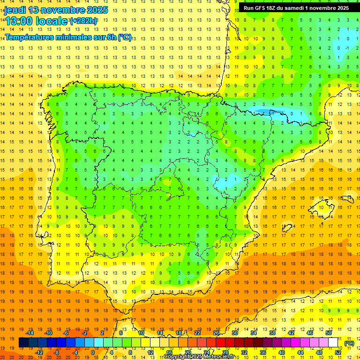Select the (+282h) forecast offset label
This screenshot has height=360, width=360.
pyautogui.click(x=83, y=21)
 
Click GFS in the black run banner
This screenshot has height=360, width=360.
pyautogui.click(x=263, y=8)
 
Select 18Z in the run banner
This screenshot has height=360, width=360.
pyautogui.click(x=277, y=8)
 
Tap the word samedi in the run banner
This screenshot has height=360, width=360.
pyautogui.click(x=303, y=8)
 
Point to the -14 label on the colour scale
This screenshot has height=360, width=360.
pyautogui.click(x=30, y=333)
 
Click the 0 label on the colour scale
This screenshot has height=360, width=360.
pyautogui.click(x=93, y=352)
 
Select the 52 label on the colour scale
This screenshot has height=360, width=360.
pyautogui.click(x=337, y=352)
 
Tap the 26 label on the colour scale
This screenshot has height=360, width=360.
pyautogui.click(x=216, y=333)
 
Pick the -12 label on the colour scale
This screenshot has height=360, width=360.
pyautogui.click(x=39, y=352)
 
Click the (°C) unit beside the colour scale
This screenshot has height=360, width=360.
pyautogui.click(x=349, y=343)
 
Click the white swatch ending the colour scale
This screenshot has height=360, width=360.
pyautogui.click(x=333, y=343)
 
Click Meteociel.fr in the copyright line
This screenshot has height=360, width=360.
pyautogui.click(x=221, y=357)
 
